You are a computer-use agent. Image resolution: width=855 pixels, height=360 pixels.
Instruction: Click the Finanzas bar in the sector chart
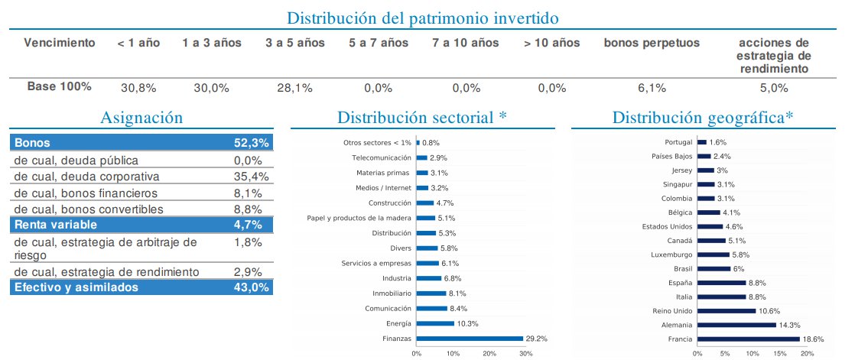pyautogui.click(x=470, y=338)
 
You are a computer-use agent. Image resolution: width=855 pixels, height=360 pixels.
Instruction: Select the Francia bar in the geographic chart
pyautogui.click(x=747, y=338)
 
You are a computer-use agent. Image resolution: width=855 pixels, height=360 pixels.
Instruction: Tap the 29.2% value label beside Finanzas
pyautogui.click(x=536, y=338)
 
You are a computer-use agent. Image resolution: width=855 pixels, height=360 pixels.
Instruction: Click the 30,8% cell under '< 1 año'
pyautogui.click(x=138, y=88)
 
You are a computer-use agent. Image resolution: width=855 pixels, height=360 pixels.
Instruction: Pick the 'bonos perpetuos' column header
pyautogui.click(x=652, y=43)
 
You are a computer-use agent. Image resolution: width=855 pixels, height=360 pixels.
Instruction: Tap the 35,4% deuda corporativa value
pyautogui.click(x=249, y=177)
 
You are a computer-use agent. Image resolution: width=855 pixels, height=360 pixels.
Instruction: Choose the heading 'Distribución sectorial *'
pyautogui.click(x=422, y=118)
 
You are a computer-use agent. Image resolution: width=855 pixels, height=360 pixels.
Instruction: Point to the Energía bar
pyautogui.click(x=435, y=324)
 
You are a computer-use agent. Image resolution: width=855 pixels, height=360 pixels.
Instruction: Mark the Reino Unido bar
pyautogui.click(x=726, y=310)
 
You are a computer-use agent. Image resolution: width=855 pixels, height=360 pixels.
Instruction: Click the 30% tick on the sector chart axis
pyautogui.click(x=526, y=353)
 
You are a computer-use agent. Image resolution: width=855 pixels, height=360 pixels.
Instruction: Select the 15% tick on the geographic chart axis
pyautogui.click(x=779, y=353)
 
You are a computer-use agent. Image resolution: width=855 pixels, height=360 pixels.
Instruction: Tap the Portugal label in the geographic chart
pyautogui.click(x=679, y=142)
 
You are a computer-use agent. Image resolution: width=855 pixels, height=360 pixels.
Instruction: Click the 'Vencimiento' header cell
pyautogui.click(x=60, y=43)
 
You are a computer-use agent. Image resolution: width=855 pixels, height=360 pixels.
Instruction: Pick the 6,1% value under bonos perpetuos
pyautogui.click(x=652, y=88)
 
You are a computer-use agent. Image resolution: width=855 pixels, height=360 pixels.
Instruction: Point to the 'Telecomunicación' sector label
pyautogui.click(x=382, y=157)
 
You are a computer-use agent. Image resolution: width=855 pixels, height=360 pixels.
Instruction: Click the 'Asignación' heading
pyautogui.click(x=141, y=118)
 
